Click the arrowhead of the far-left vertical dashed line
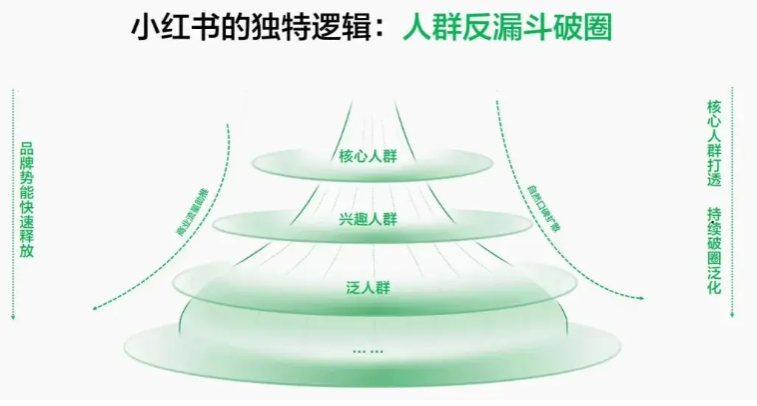pos(12,317)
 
